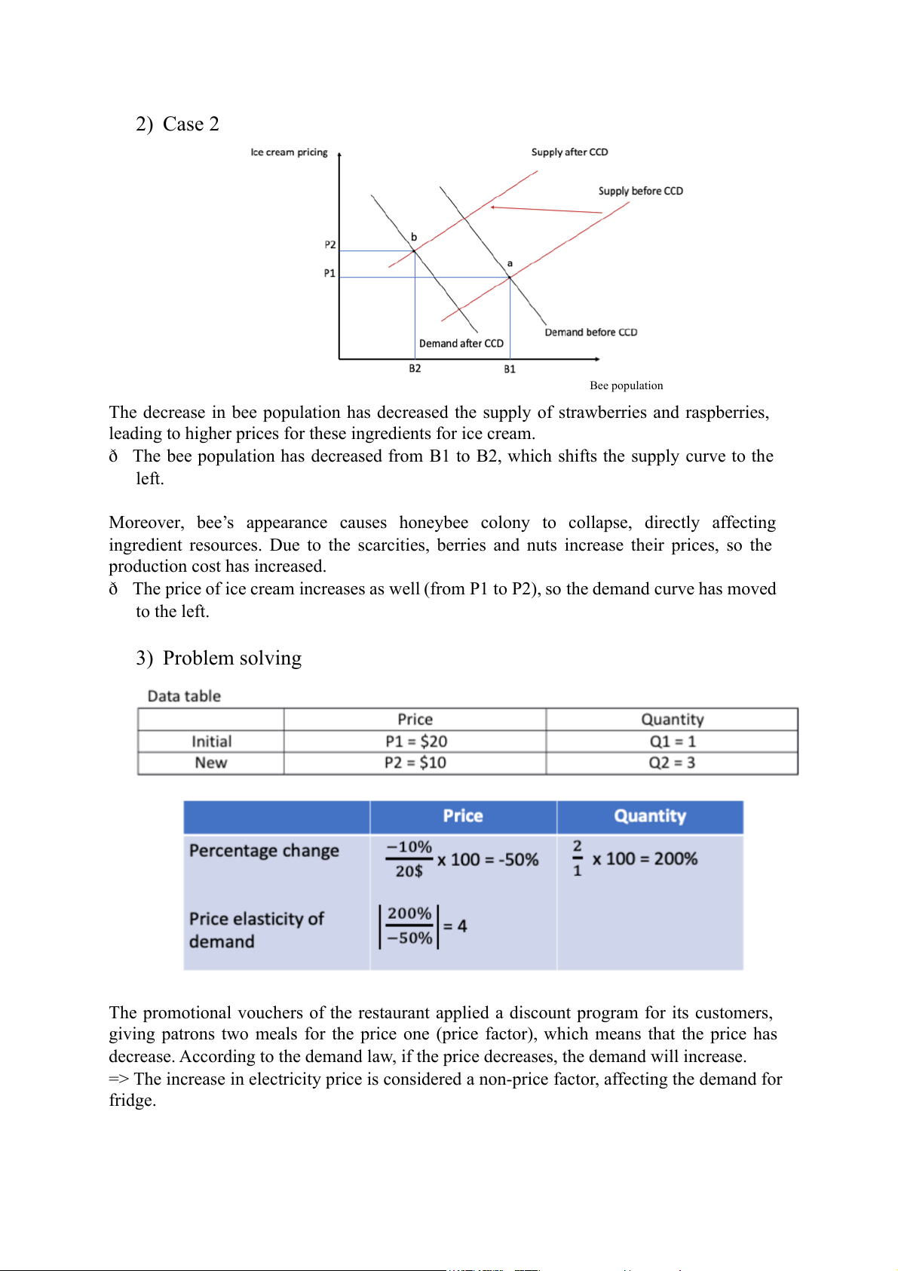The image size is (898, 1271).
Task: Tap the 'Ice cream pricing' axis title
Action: pyautogui.click(x=289, y=152)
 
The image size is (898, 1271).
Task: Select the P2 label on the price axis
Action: pyautogui.click(x=330, y=245)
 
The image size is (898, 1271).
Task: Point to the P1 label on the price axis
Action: pyautogui.click(x=329, y=273)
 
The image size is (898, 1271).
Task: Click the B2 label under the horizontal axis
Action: pyautogui.click(x=415, y=369)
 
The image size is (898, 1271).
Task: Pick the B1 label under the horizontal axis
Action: pyautogui.click(x=510, y=370)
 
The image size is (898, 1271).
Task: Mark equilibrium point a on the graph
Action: pyautogui.click(x=510, y=278)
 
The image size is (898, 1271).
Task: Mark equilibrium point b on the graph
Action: pyautogui.click(x=414, y=250)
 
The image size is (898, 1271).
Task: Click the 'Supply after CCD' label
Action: pyautogui.click(x=569, y=152)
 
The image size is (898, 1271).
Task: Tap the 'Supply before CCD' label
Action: pyautogui.click(x=640, y=192)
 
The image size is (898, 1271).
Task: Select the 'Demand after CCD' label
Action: pyautogui.click(x=461, y=344)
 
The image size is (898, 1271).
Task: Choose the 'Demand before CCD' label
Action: pyautogui.click(x=590, y=333)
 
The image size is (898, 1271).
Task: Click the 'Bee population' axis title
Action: pyautogui.click(x=626, y=385)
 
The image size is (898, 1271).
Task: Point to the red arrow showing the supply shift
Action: pyautogui.click(x=546, y=210)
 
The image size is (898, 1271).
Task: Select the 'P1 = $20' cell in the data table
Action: pyautogui.click(x=415, y=741)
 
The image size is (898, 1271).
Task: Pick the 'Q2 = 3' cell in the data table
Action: pyautogui.click(x=672, y=763)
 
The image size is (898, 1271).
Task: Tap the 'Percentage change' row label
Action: pyautogui.click(x=264, y=851)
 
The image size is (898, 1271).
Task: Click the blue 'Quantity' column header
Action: pyautogui.click(x=650, y=816)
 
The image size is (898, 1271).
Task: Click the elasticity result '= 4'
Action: pyautogui.click(x=455, y=926)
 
